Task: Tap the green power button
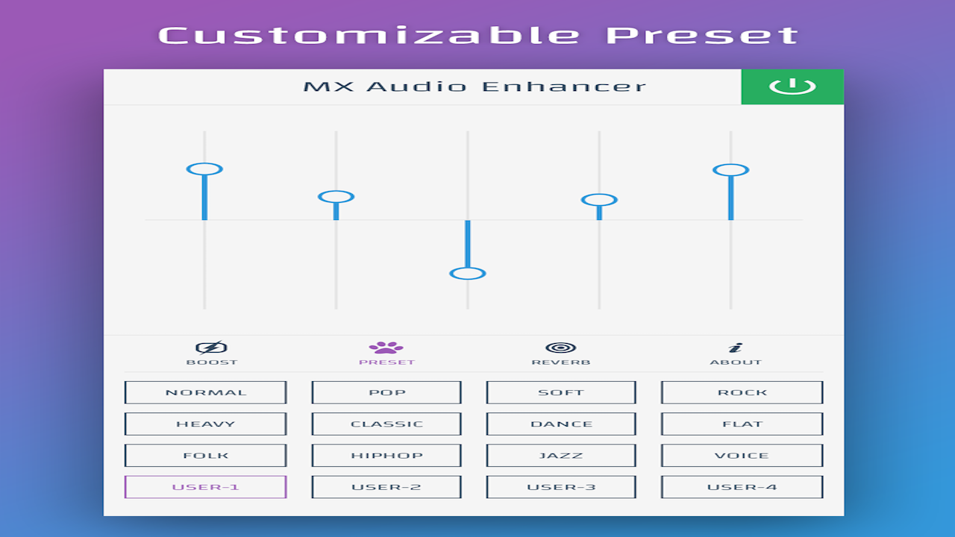pos(792,87)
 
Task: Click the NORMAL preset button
pos(205,392)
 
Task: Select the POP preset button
pos(386,392)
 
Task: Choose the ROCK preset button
pos(742,392)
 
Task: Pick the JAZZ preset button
pos(561,455)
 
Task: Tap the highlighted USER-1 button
pos(205,487)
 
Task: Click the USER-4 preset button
pos(742,487)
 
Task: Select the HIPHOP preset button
pos(386,455)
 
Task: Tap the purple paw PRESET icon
pos(386,348)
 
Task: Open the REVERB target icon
pos(560,348)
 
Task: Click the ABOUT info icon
pos(736,348)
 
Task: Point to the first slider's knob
pos(204,169)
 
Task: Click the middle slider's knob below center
pos(468,274)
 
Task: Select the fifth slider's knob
pos(730,170)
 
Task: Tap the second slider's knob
pos(336,197)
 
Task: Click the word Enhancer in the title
pos(564,87)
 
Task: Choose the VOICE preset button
pos(742,455)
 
